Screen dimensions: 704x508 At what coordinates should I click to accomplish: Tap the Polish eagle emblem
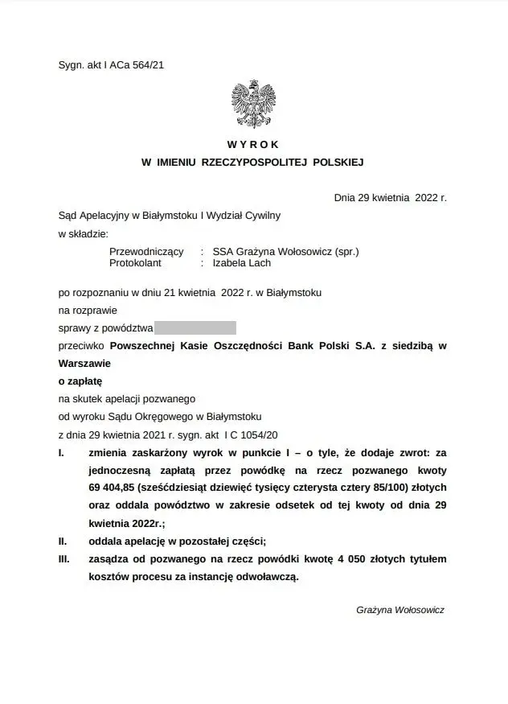[x=255, y=104]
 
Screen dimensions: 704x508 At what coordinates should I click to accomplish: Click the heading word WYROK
[x=253, y=145]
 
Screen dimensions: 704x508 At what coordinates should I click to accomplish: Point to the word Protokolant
[x=136, y=263]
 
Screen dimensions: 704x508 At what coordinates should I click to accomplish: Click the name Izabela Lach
[x=242, y=263]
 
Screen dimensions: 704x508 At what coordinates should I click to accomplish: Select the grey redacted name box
[x=195, y=327]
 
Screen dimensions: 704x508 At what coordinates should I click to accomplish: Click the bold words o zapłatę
[x=80, y=380]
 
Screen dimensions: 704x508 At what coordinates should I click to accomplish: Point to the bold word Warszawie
[x=87, y=363]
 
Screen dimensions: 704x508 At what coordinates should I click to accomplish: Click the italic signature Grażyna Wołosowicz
[x=399, y=611]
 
